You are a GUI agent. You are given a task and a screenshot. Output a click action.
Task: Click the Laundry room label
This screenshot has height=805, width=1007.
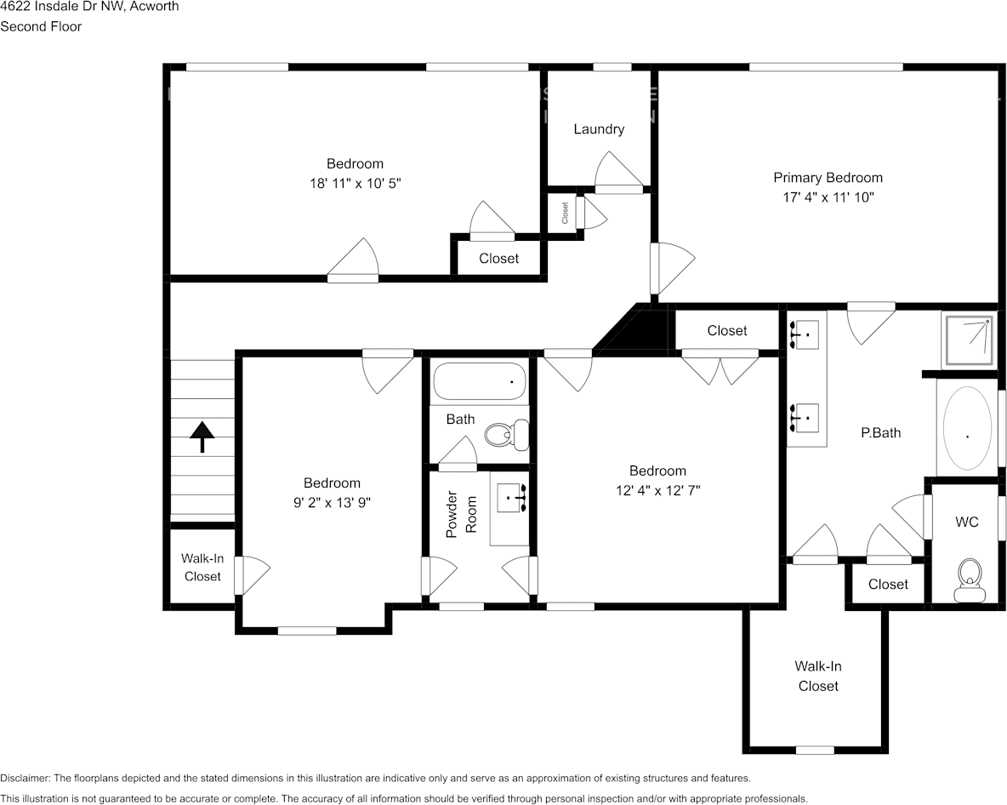(x=599, y=129)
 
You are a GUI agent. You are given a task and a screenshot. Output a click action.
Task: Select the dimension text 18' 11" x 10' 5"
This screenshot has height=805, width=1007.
(x=355, y=183)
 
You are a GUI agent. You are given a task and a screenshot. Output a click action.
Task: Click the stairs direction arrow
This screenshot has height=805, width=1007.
(x=202, y=437)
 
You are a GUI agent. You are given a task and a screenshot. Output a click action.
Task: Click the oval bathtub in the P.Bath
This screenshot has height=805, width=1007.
(x=967, y=428)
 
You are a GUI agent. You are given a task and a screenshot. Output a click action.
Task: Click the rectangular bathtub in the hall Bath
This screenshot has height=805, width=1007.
(x=480, y=381)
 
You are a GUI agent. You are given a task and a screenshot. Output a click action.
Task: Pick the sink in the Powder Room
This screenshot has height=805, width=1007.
(x=514, y=496)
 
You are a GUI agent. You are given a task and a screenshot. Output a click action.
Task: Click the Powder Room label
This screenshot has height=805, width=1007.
(x=461, y=514)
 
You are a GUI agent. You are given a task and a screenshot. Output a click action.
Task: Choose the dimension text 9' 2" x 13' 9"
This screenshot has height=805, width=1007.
(x=333, y=502)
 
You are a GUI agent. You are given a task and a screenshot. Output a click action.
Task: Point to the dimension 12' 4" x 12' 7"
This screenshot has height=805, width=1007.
(x=657, y=490)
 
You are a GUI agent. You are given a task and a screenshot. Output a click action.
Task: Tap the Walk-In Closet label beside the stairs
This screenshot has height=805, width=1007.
(x=202, y=568)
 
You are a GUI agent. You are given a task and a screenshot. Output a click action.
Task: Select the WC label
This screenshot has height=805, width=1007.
(x=967, y=522)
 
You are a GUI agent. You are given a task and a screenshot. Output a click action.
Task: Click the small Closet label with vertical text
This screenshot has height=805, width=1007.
(x=565, y=213)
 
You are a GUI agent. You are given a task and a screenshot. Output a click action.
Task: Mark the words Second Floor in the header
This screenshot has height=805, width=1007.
(x=41, y=26)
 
